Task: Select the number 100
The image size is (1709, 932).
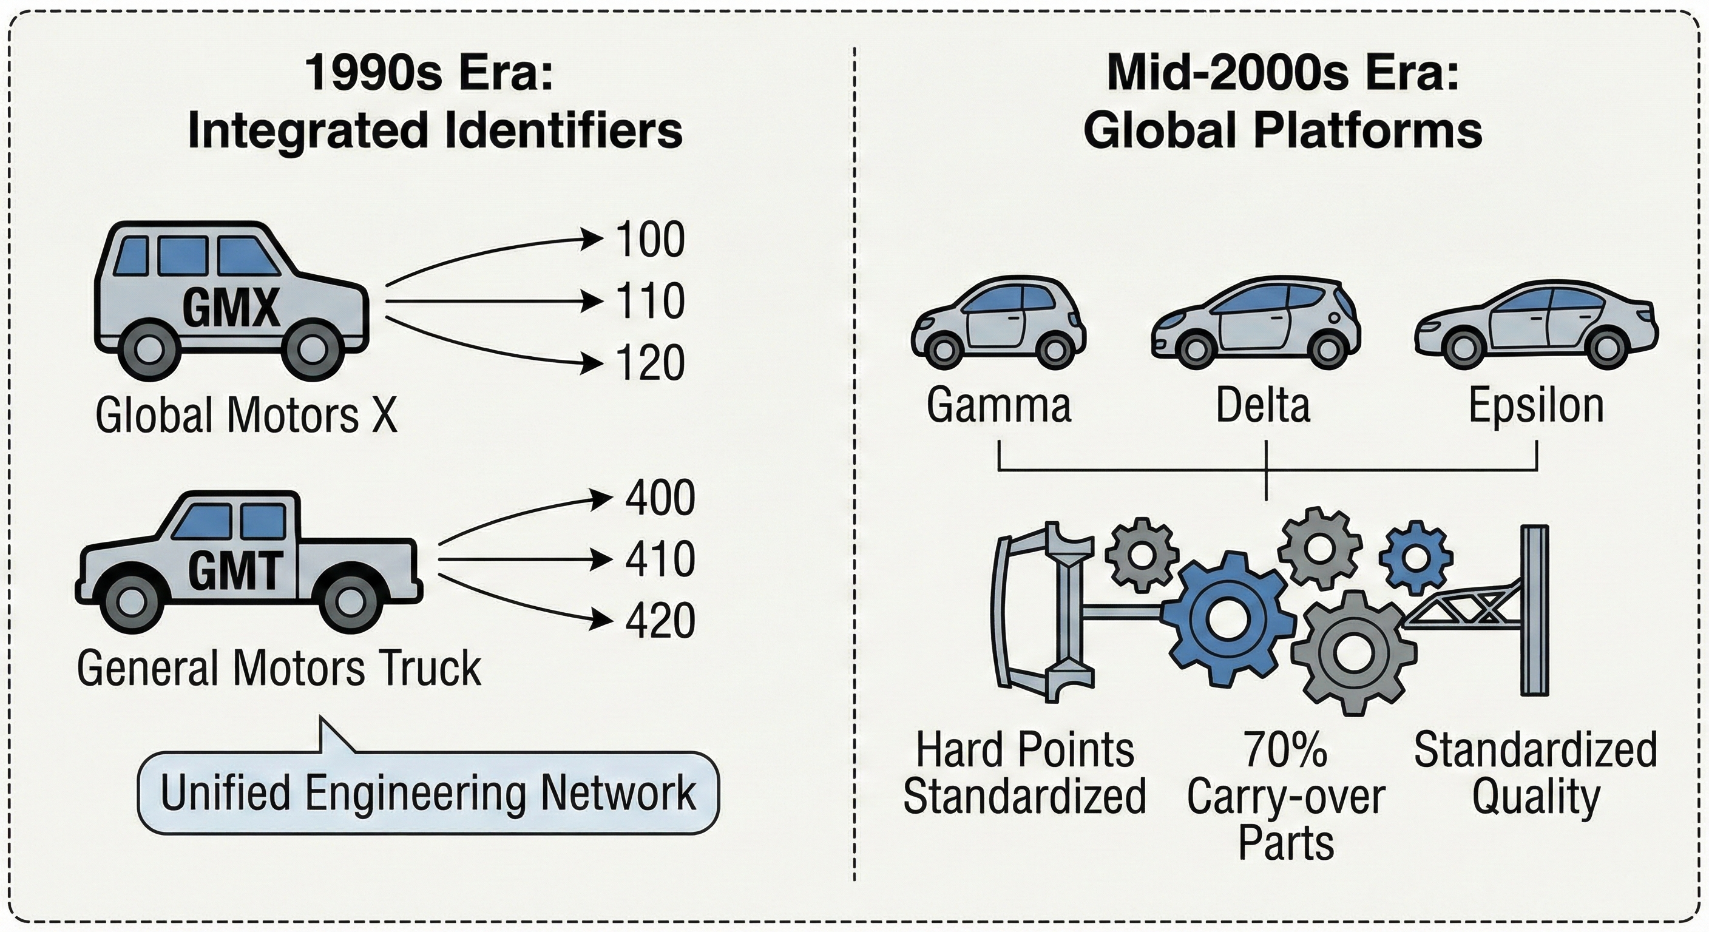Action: [649, 240]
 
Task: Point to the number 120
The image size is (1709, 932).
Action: [649, 363]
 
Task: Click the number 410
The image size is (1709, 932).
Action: [660, 559]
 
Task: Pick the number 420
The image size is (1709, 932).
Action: [660, 620]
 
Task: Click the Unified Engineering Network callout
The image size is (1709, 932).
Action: [428, 792]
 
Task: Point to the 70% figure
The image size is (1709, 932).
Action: [1286, 749]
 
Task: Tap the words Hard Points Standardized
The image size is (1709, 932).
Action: [1024, 773]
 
